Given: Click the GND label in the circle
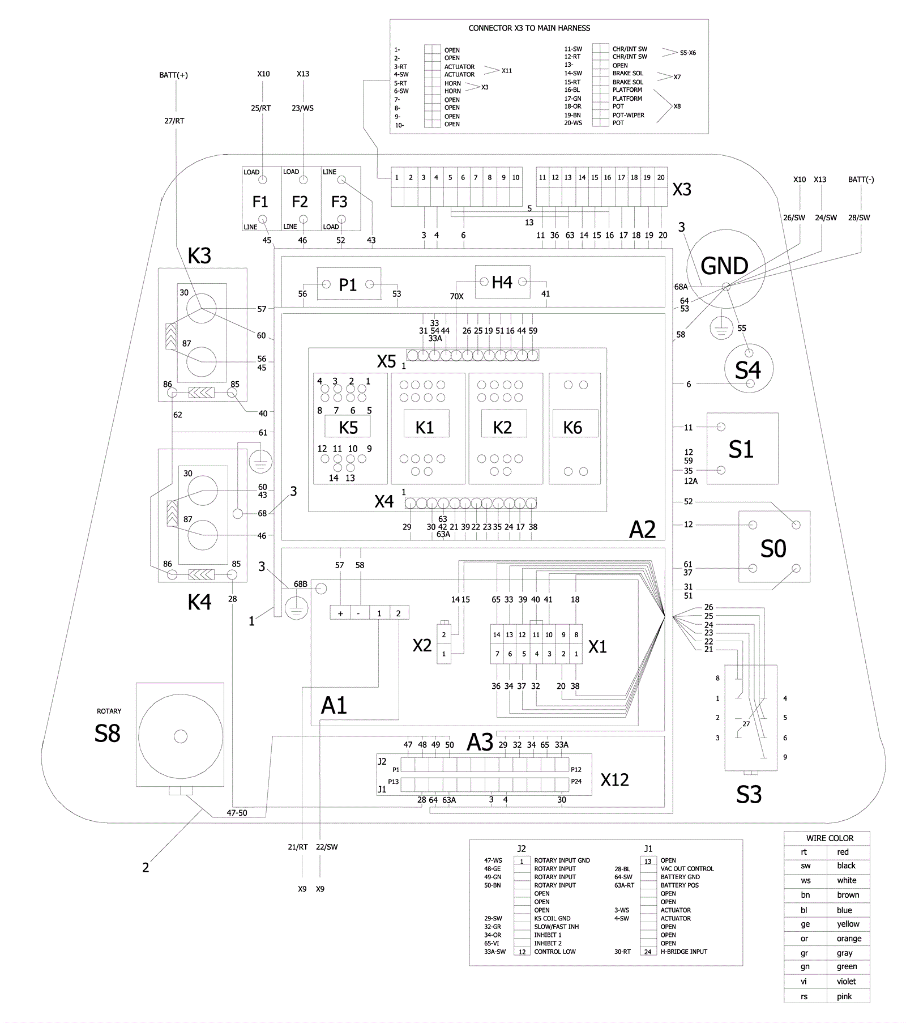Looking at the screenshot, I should (724, 266).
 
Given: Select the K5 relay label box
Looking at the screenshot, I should (348, 427).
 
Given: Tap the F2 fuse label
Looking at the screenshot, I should (300, 202).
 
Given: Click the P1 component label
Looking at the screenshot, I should (348, 285).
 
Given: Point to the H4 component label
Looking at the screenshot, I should (502, 282).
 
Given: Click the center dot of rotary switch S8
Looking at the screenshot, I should (181, 736).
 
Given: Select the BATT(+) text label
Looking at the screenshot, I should (173, 75).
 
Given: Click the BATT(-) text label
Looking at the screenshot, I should (861, 180).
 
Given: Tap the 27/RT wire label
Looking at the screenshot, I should (174, 121).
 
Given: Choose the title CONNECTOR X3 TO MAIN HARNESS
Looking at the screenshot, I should (529, 28).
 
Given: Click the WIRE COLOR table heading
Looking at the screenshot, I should (830, 838).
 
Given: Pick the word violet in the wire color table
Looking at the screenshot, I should (846, 981).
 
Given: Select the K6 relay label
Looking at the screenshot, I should (572, 428).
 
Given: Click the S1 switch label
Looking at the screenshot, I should (741, 449).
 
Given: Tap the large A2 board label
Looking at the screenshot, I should (642, 530).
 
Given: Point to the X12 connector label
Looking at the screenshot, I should (614, 780).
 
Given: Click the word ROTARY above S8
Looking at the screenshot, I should (109, 711).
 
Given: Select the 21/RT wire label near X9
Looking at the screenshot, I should (297, 847).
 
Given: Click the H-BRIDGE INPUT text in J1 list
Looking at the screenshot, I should (683, 952).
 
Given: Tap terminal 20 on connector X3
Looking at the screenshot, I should (661, 177).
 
